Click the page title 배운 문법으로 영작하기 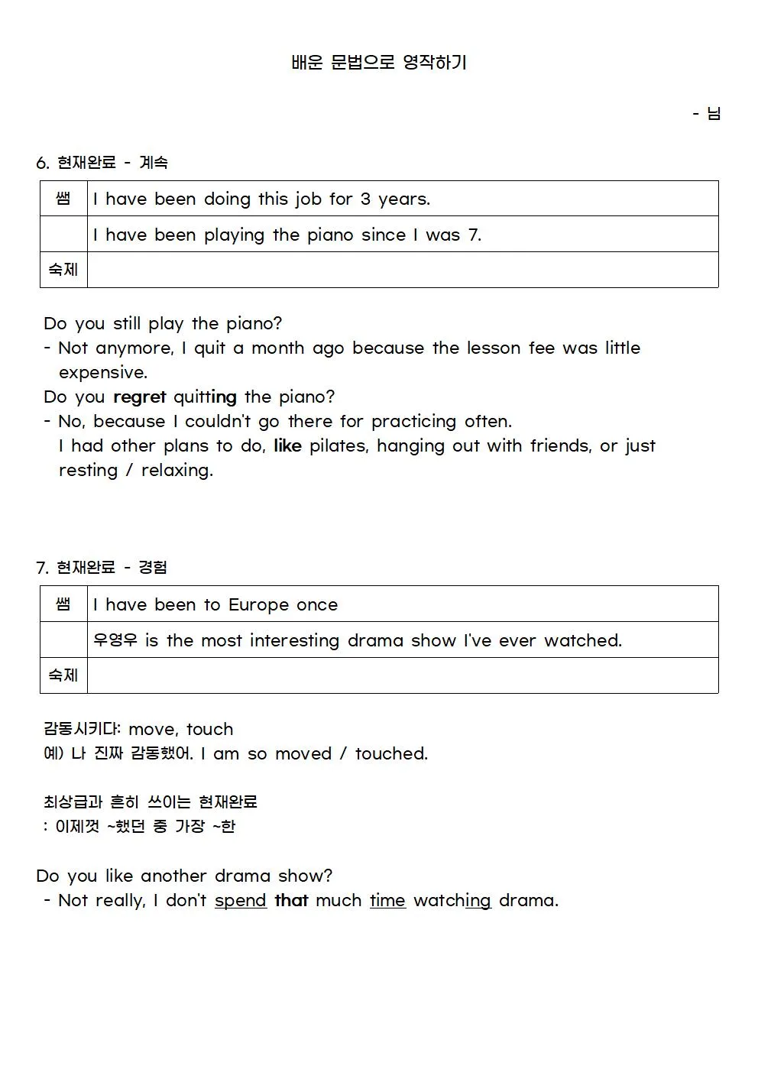pyautogui.click(x=379, y=63)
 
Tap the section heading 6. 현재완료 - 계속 pyautogui.click(x=102, y=163)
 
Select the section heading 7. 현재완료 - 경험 pyautogui.click(x=102, y=568)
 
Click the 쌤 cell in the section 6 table pyautogui.click(x=63, y=199)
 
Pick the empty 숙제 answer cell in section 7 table pyautogui.click(x=403, y=675)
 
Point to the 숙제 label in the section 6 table pyautogui.click(x=63, y=270)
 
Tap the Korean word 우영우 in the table pyautogui.click(x=115, y=640)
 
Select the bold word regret pyautogui.click(x=139, y=397)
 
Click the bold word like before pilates pyautogui.click(x=287, y=446)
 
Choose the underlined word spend pyautogui.click(x=240, y=901)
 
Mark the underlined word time pyautogui.click(x=387, y=901)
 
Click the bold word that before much pyautogui.click(x=291, y=901)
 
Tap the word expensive pyautogui.click(x=102, y=373)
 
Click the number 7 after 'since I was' pyautogui.click(x=474, y=235)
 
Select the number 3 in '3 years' pyautogui.click(x=365, y=199)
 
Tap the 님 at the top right pyautogui.click(x=714, y=114)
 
